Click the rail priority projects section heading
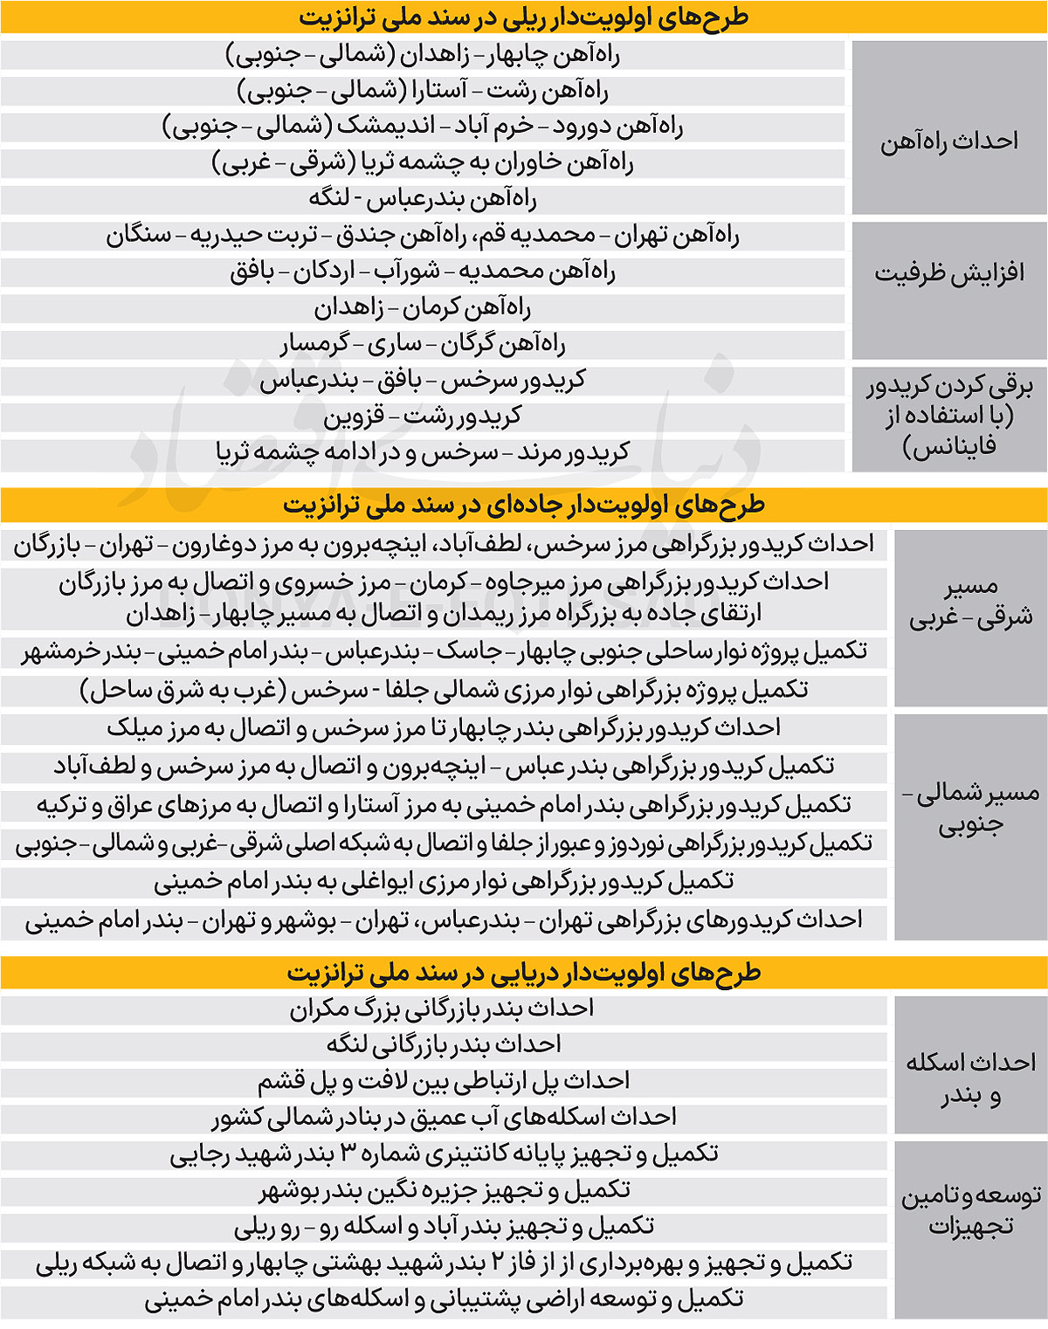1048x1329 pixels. pyautogui.click(x=523, y=17)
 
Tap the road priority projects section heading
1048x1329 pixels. pyautogui.click(x=523, y=505)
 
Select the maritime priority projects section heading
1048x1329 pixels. pyautogui.click(x=523, y=972)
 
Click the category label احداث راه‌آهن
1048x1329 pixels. pyautogui.click(x=949, y=141)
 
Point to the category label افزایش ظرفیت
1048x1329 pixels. pyautogui.click(x=949, y=273)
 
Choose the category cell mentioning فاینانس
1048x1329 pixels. pyautogui.click(x=949, y=416)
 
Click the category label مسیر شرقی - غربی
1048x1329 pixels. pyautogui.click(x=970, y=603)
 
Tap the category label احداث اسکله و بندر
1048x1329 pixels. pyautogui.click(x=970, y=1078)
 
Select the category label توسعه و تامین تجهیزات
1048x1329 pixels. pyautogui.click(x=970, y=1210)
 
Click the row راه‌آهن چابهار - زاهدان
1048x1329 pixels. pyautogui.click(x=423, y=55)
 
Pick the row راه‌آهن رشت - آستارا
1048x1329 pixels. pyautogui.click(x=423, y=91)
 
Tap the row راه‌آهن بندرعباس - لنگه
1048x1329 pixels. pyautogui.click(x=423, y=199)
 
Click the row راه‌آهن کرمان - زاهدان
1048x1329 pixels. pyautogui.click(x=423, y=307)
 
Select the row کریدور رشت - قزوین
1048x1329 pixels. pyautogui.click(x=423, y=417)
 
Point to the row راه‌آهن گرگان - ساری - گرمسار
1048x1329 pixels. pyautogui.click(x=423, y=344)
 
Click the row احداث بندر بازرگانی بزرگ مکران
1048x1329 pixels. pyautogui.click(x=442, y=1009)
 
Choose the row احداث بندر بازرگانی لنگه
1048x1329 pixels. pyautogui.click(x=442, y=1044)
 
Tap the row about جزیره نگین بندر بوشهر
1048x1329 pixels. pyautogui.click(x=444, y=1190)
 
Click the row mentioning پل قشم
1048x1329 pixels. pyautogui.click(x=443, y=1081)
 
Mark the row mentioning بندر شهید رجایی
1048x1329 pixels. pyautogui.click(x=444, y=1154)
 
